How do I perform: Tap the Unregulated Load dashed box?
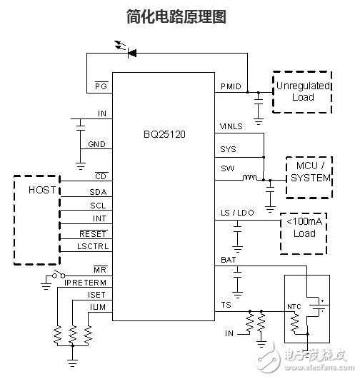click(x=302, y=91)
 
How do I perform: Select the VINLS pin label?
click(x=233, y=126)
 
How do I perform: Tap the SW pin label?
click(x=228, y=169)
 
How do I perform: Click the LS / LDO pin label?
click(x=237, y=213)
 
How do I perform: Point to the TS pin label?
click(x=226, y=305)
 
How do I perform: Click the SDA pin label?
click(x=98, y=193)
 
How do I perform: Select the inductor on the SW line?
click(x=251, y=178)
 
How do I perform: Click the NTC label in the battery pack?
click(x=294, y=308)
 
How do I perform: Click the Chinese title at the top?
click(x=180, y=16)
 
